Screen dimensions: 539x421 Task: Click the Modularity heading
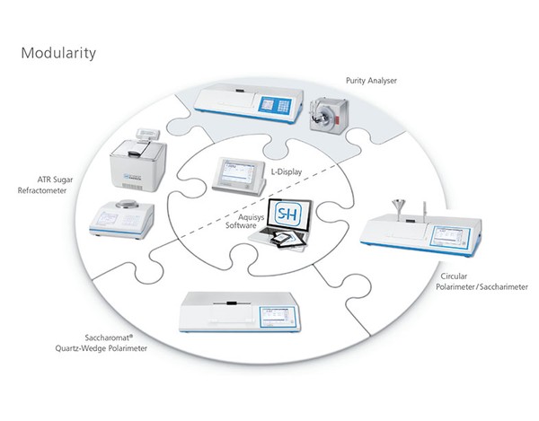58,54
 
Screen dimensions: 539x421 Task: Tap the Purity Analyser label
371,81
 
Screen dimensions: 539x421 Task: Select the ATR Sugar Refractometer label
46,185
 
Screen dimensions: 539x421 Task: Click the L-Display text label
287,171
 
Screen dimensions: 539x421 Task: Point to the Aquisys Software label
244,221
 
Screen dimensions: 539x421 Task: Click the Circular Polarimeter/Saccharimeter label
482,282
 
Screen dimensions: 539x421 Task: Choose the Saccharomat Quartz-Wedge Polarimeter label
101,343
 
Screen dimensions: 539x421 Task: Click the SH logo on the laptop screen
288,215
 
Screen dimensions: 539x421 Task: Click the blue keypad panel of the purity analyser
275,104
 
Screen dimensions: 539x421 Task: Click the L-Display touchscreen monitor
239,176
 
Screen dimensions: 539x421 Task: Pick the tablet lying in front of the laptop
288,240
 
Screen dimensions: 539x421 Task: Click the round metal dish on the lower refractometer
128,204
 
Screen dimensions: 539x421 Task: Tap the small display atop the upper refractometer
148,133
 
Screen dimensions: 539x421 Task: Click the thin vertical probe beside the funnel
425,210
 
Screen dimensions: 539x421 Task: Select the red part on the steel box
338,120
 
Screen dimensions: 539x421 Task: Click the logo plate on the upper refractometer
133,177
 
